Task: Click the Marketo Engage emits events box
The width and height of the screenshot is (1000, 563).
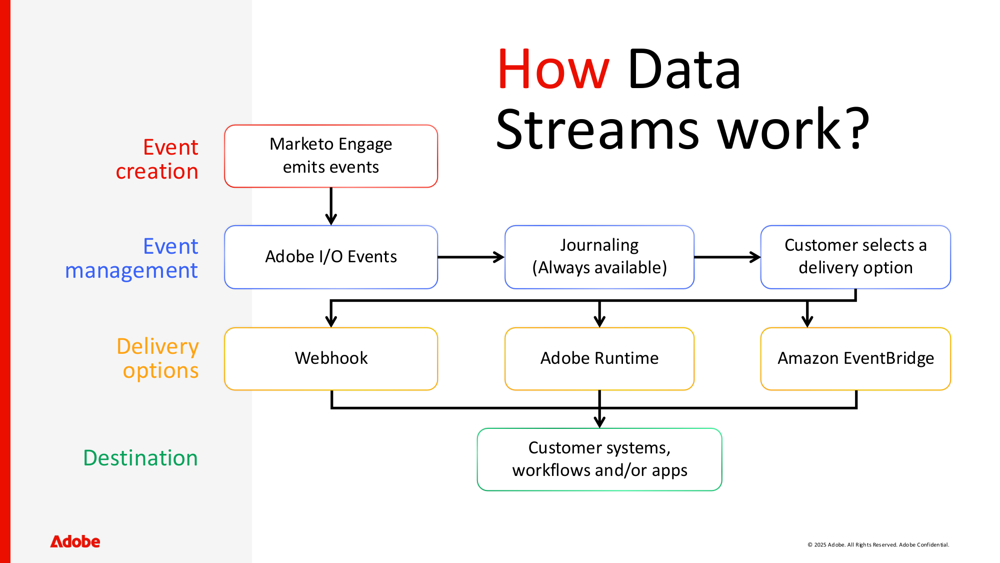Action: point(330,156)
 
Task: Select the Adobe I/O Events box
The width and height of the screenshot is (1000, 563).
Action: point(330,257)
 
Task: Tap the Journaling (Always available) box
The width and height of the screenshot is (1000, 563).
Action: point(599,257)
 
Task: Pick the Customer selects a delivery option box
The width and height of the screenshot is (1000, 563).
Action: point(855,257)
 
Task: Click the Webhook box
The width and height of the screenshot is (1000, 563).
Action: point(330,358)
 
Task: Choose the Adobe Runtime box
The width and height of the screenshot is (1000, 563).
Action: point(599,358)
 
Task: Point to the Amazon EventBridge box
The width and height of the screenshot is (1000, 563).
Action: point(855,358)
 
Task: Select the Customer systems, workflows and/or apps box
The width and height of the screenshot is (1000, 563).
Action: point(599,459)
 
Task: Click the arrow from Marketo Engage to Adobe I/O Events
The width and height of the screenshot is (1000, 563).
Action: point(331,206)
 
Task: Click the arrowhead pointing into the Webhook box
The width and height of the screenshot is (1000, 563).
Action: point(331,321)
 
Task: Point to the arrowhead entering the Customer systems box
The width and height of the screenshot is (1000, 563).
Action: point(599,421)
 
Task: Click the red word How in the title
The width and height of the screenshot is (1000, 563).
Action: point(553,70)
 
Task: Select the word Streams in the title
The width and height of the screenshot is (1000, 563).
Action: point(597,130)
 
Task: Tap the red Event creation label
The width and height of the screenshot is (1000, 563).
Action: point(157,159)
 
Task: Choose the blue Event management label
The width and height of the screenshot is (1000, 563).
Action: point(132,258)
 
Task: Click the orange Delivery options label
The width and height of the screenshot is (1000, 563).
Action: point(158,358)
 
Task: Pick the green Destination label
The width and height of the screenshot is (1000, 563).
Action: point(140,458)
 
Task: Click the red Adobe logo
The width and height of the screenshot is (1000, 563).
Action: point(75,541)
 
